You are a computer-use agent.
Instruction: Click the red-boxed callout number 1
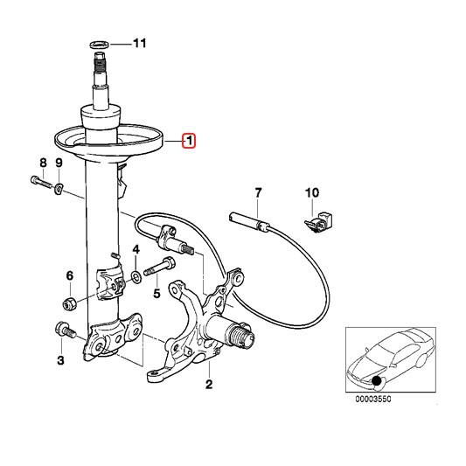coord(189,140)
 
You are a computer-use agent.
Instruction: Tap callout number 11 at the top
coord(141,43)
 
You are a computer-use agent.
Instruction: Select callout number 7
coord(258,192)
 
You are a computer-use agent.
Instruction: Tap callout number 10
coord(312,192)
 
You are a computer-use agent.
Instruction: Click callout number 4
coord(136,252)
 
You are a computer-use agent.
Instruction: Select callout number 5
coord(156,293)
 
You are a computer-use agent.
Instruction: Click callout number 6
coord(69,277)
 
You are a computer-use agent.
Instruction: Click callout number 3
coord(60,359)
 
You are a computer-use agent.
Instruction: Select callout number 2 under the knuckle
coord(208,384)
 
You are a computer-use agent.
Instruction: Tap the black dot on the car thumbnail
coord(378,379)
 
